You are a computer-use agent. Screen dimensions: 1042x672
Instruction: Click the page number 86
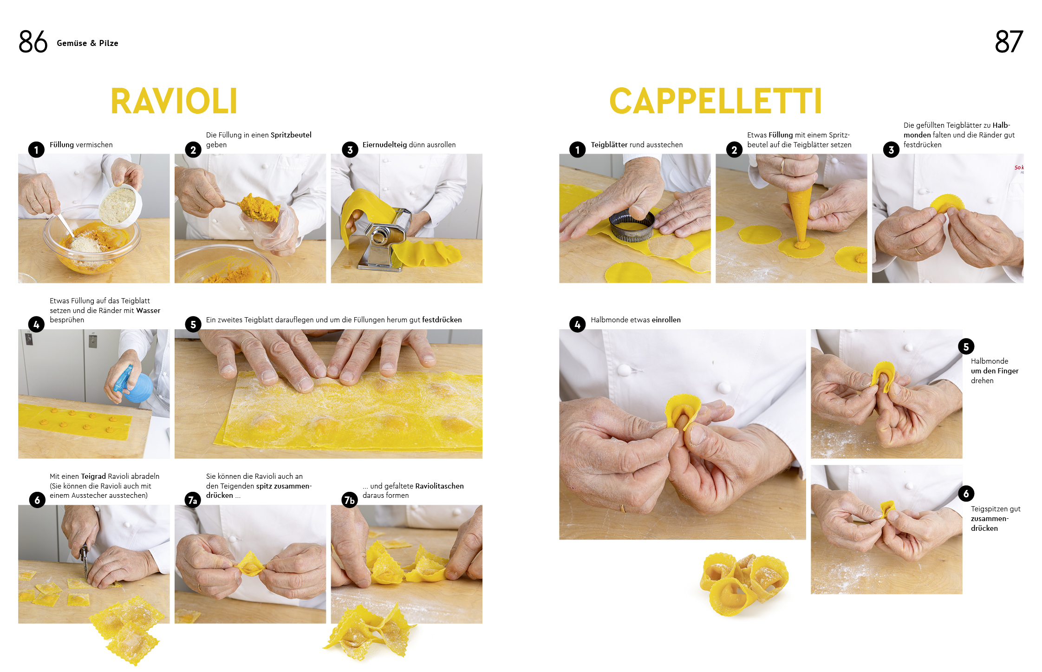tap(33, 42)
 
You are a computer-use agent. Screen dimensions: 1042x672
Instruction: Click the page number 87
tap(1009, 42)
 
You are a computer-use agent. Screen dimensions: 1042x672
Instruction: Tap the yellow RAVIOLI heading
tap(174, 101)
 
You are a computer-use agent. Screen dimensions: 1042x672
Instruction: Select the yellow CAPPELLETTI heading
tap(716, 101)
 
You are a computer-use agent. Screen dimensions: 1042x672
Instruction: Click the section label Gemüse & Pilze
tap(87, 43)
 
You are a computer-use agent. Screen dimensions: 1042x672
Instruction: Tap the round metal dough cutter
tap(632, 226)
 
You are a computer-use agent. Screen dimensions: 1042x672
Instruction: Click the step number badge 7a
tap(192, 500)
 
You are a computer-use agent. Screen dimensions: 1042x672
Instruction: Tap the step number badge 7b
tap(349, 500)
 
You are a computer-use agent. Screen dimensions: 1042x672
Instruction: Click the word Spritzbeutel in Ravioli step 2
tap(291, 135)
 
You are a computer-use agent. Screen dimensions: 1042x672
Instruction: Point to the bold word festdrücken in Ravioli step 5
tap(442, 320)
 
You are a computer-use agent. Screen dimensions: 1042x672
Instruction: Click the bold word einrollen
tap(666, 320)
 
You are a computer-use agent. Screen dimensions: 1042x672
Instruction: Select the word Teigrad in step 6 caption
tap(93, 476)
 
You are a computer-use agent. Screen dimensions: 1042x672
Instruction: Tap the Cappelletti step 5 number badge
tap(966, 346)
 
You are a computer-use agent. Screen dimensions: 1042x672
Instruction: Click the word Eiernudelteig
tap(384, 145)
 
